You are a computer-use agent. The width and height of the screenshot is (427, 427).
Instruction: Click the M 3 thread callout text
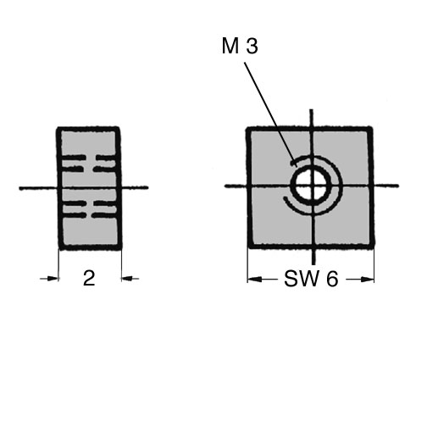tap(240, 46)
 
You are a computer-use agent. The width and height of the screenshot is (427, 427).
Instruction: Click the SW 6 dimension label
tap(311, 279)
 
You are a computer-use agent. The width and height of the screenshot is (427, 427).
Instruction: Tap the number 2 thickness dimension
tap(89, 278)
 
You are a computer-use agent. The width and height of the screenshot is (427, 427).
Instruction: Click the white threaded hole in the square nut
tap(311, 186)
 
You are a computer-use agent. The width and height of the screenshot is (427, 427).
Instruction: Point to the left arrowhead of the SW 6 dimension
tap(253, 280)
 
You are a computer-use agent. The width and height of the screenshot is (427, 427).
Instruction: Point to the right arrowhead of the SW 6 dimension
tap(368, 280)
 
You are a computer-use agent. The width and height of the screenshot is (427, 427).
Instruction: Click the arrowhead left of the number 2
tap(53, 279)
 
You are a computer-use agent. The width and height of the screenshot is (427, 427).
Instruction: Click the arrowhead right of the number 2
tap(127, 279)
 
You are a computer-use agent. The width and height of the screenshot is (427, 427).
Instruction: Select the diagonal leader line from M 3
tap(270, 114)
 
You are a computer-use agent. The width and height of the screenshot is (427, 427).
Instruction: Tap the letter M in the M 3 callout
tap(230, 46)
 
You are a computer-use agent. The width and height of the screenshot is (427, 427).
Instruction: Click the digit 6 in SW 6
tap(332, 279)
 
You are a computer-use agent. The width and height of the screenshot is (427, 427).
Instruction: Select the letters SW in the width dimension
tap(302, 279)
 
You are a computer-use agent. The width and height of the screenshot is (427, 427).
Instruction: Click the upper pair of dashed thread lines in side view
tap(89, 164)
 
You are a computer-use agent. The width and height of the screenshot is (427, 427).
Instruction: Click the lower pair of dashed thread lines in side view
tap(89, 209)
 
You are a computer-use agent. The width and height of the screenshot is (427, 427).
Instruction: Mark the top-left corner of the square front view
tap(247, 129)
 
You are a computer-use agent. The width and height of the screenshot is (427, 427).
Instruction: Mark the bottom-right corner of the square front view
tap(374, 247)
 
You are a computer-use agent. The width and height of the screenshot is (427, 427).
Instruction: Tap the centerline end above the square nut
tap(311, 110)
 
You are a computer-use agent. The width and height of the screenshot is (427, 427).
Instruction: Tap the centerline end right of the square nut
tap(397, 186)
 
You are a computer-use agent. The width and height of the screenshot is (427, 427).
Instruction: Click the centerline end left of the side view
tap(20, 188)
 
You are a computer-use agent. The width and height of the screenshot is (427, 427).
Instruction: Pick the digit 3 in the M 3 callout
tap(252, 47)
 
